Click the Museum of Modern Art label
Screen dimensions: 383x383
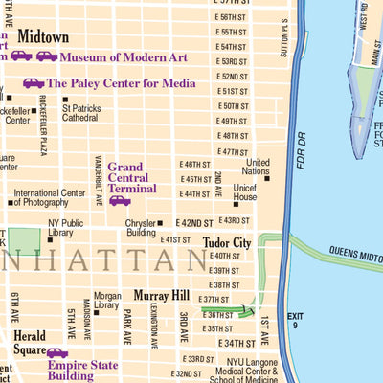coord(125,56)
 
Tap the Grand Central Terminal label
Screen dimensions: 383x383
coord(132,176)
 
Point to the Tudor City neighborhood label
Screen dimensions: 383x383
coord(227,243)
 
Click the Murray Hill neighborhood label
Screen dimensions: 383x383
coord(164,295)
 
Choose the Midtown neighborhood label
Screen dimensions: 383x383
coord(44,37)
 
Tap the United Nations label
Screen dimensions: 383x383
coord(259,168)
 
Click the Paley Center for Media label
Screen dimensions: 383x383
coord(121,83)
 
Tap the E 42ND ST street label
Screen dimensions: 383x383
coord(195,222)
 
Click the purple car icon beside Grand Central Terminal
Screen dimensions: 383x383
coord(120,201)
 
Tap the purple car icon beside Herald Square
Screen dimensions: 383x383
coord(57,352)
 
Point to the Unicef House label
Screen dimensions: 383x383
coord(245,191)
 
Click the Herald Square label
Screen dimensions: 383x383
coord(30,344)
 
